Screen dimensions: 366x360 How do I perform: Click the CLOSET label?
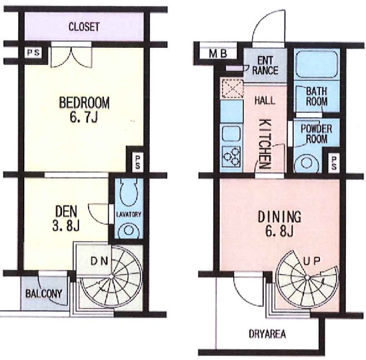click(x=84, y=27)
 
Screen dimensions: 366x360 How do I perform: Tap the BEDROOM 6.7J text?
click(x=84, y=110)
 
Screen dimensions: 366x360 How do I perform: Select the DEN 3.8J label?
click(x=66, y=218)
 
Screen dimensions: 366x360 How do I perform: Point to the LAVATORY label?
click(x=129, y=214)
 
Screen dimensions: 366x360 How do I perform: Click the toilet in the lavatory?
click(x=129, y=190)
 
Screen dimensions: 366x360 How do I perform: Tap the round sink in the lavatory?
click(x=128, y=230)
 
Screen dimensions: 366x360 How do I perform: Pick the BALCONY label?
click(x=44, y=293)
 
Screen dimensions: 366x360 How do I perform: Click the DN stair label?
click(x=99, y=261)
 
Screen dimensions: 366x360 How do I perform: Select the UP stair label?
click(x=311, y=261)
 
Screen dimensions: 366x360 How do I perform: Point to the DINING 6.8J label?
click(x=279, y=224)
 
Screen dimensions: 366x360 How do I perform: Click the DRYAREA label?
click(x=267, y=334)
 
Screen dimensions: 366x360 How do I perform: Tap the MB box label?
click(x=218, y=54)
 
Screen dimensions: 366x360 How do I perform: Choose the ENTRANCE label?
click(x=265, y=66)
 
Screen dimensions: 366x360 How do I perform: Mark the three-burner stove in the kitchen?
click(x=231, y=156)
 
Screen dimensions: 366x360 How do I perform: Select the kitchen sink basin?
click(x=231, y=133)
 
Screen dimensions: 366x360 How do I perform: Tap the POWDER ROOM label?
click(x=316, y=134)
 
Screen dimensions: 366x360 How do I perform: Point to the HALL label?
click(x=264, y=100)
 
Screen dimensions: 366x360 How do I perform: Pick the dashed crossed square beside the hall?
click(x=233, y=89)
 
